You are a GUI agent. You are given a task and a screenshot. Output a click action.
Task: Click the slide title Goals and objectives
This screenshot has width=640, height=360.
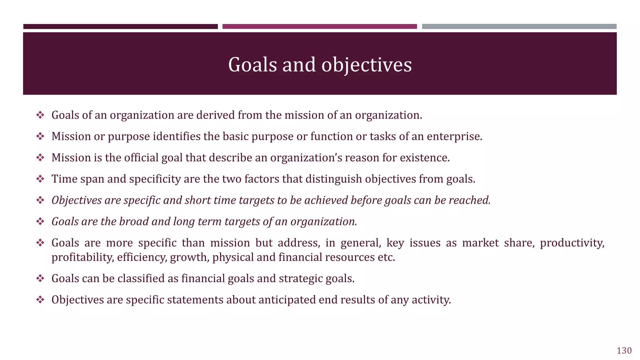click(x=320, y=65)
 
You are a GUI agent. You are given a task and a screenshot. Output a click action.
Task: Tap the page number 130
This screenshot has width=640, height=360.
click(x=624, y=351)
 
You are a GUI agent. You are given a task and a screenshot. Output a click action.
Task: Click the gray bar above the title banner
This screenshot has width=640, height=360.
click(x=519, y=27)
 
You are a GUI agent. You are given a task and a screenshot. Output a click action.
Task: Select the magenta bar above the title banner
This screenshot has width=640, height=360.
click(x=319, y=27)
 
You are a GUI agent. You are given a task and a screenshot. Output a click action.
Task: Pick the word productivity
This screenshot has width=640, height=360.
click(x=572, y=243)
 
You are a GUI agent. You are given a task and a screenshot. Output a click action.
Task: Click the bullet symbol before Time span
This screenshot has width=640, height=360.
click(x=40, y=179)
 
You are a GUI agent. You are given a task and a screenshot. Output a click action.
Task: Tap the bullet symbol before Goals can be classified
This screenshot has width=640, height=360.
click(x=40, y=278)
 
